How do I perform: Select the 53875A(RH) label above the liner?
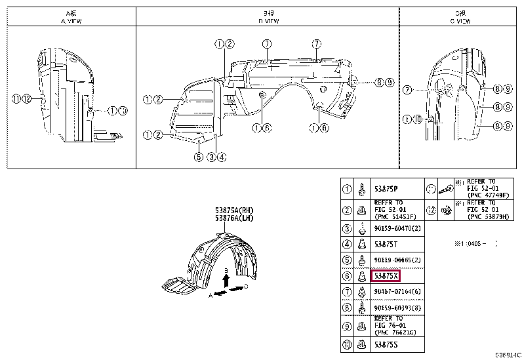pyautogui.click(x=233, y=210)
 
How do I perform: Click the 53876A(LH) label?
pyautogui.click(x=233, y=218)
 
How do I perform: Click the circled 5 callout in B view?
pyautogui.click(x=197, y=156)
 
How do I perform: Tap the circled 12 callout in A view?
pyautogui.click(x=27, y=99)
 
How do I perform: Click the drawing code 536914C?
pyautogui.click(x=508, y=355)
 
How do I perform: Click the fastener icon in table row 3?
pyautogui.click(x=363, y=228)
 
